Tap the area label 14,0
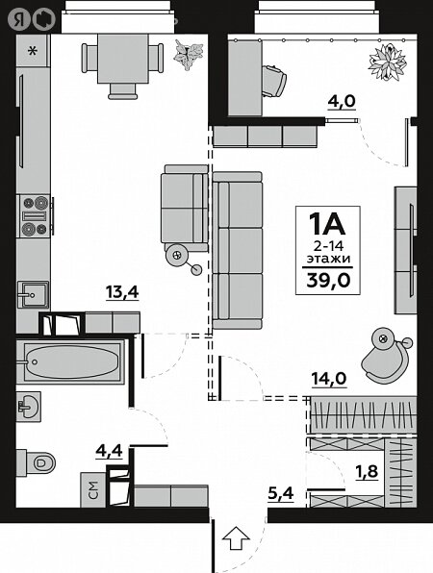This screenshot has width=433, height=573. pyautogui.click(x=329, y=379)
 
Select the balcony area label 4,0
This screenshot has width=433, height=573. pyautogui.click(x=342, y=101)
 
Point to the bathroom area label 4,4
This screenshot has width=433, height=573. pyautogui.click(x=109, y=451)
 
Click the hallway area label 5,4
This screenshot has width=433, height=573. pyautogui.click(x=281, y=494)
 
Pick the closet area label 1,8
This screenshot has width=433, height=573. pyautogui.click(x=366, y=471)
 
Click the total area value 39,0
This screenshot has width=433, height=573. pyautogui.click(x=328, y=281)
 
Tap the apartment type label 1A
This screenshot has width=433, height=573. pyautogui.click(x=327, y=224)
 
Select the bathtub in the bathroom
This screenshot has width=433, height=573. pyautogui.click(x=70, y=361)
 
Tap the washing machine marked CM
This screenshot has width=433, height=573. pyautogui.click(x=93, y=489)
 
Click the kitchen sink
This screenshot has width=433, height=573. pyautogui.click(x=33, y=294)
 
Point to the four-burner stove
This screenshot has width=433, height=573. pyautogui.click(x=35, y=215)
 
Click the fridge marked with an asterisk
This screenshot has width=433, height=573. pyautogui.click(x=33, y=51)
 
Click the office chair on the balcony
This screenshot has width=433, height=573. pyautogui.click(x=274, y=81)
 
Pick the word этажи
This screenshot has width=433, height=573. pyautogui.click(x=328, y=259)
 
